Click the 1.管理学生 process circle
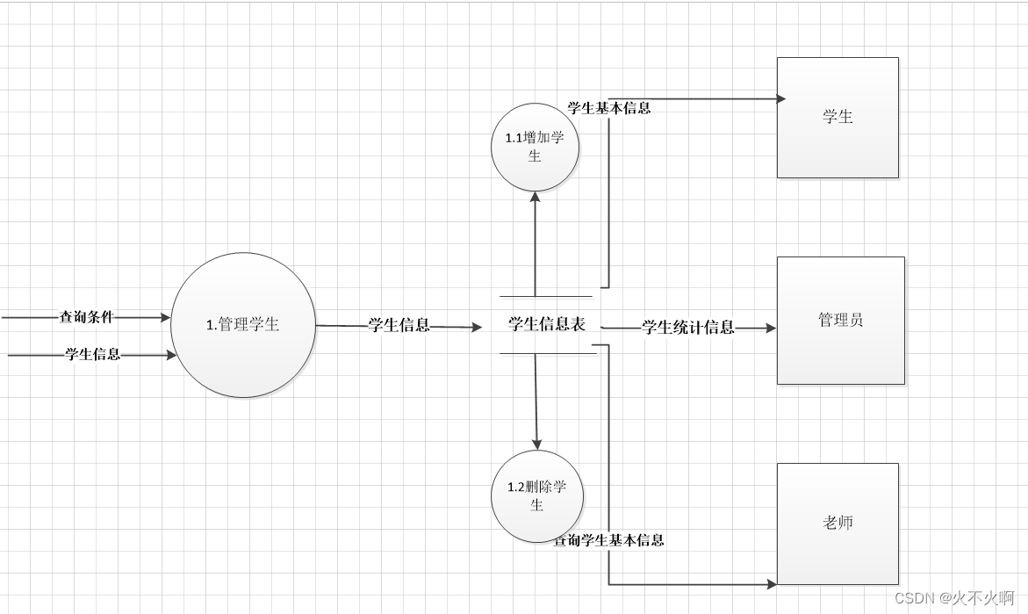click(243, 325)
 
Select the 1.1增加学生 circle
click(535, 147)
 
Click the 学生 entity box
click(837, 118)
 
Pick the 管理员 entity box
click(840, 321)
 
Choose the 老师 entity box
click(837, 524)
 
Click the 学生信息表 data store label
click(547, 324)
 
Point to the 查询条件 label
click(86, 316)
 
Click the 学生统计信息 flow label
click(688, 328)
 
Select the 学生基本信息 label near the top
click(609, 108)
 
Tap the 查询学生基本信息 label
click(609, 540)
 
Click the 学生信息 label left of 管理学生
click(92, 355)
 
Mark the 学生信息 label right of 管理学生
click(399, 325)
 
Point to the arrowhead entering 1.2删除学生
click(536, 444)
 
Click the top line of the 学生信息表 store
click(546, 296)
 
